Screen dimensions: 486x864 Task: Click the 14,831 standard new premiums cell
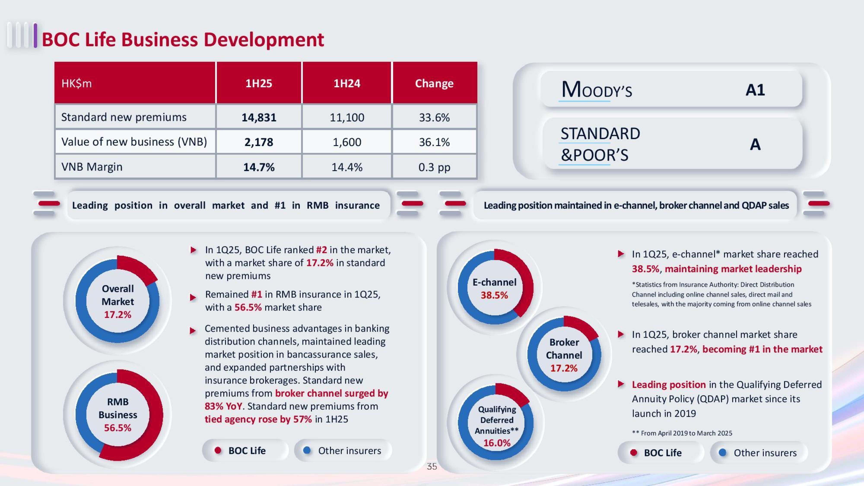[x=259, y=117]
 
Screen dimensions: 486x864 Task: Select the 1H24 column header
[x=347, y=83]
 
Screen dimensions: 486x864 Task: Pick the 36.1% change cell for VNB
[x=434, y=142]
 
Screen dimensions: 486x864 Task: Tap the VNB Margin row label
[x=92, y=167]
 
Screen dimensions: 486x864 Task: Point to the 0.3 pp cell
[x=434, y=167]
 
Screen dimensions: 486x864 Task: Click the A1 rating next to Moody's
[x=755, y=90]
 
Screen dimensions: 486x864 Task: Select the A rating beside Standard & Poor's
[x=755, y=145]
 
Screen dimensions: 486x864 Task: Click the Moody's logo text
[x=597, y=90]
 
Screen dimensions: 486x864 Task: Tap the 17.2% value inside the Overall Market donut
[x=118, y=315]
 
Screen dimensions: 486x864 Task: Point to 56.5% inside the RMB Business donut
[x=118, y=428]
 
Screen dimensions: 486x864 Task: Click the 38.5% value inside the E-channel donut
[x=494, y=295]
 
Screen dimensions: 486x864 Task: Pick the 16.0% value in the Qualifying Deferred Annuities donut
[x=497, y=443]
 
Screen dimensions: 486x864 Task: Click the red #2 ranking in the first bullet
[x=321, y=250]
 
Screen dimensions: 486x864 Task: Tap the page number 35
[x=432, y=466]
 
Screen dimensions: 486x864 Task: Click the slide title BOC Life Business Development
[x=183, y=40]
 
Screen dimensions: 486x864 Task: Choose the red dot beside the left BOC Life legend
[x=218, y=450]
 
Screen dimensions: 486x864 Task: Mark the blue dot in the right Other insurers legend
[x=723, y=453]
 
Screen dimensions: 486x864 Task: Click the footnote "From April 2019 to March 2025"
[x=686, y=433]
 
